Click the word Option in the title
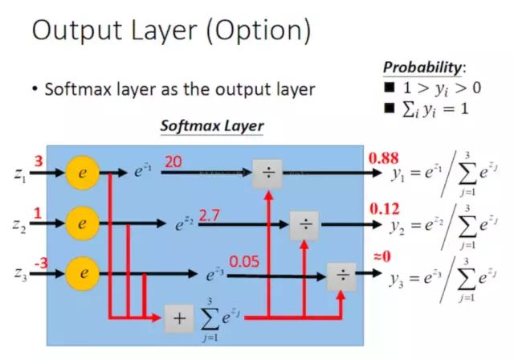[x=258, y=30]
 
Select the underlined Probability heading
[x=422, y=67]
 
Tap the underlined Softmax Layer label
[x=212, y=126]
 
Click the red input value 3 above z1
[x=39, y=161]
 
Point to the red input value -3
[x=41, y=263]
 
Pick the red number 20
[x=173, y=162]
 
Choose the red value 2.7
[x=209, y=215]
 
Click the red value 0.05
[x=244, y=261]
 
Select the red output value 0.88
[x=384, y=158]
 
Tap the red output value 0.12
[x=385, y=209]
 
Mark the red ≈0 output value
[x=382, y=256]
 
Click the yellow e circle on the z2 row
[x=83, y=223]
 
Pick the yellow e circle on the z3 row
[x=83, y=273]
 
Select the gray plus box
[x=179, y=318]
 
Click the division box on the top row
[x=267, y=174]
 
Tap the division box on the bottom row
[x=341, y=276]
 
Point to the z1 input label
[x=19, y=174]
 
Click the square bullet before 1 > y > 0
[x=390, y=88]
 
